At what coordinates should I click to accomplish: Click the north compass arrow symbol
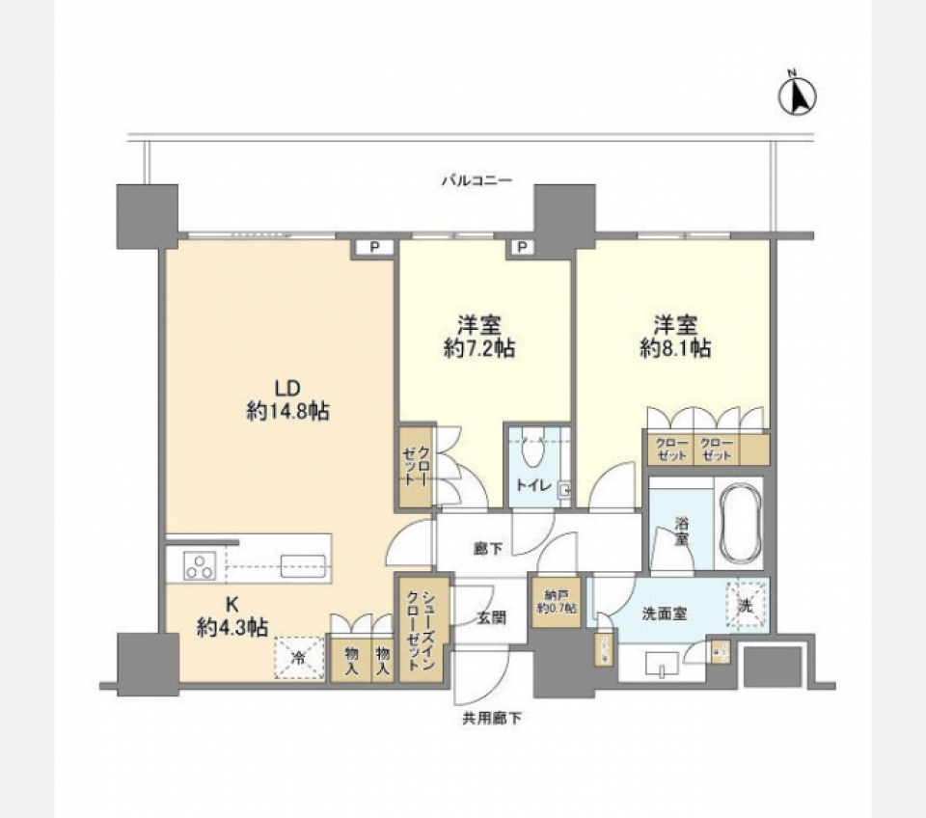tap(798, 95)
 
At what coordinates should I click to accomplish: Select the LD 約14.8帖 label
tap(287, 400)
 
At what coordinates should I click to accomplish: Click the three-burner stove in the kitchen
tap(200, 565)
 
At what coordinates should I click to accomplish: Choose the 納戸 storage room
tap(555, 602)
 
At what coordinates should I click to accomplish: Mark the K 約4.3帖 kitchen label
tap(231, 616)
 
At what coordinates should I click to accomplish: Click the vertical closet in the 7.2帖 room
tap(416, 467)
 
